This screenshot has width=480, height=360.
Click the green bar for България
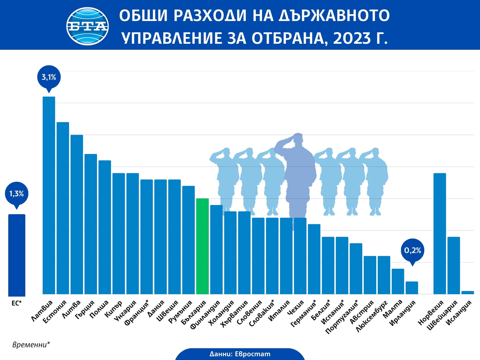(202, 246)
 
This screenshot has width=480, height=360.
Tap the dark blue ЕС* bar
(17, 254)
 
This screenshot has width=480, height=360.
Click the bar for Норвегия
(440, 233)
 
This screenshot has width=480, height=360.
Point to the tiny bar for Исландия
(468, 292)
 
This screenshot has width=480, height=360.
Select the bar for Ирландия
(412, 288)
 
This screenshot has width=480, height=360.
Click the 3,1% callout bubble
(49, 76)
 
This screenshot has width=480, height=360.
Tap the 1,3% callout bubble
(17, 194)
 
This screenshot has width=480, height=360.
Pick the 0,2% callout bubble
(412, 250)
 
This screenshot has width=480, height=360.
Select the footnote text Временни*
(31, 344)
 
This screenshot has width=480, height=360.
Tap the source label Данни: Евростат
(240, 354)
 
